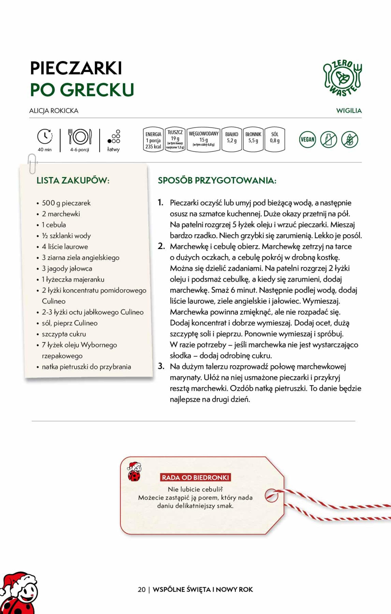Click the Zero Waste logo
click(343, 78)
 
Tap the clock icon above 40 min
click(45, 136)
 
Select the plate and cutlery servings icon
click(80, 137)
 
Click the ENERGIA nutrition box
click(153, 140)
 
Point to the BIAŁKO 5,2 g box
click(232, 140)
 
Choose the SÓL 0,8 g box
click(275, 140)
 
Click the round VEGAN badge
click(307, 139)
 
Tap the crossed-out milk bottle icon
click(329, 139)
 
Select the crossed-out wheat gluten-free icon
click(350, 139)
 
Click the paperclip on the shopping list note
click(32, 163)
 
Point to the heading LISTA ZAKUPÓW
click(73, 180)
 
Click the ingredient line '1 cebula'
click(54, 225)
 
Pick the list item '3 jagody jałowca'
click(67, 269)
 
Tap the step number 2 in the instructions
click(161, 246)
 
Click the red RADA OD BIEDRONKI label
click(196, 477)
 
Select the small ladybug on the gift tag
click(134, 472)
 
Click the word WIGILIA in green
click(349, 111)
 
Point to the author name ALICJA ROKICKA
click(54, 111)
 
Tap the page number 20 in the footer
click(142, 589)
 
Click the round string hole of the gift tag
click(271, 496)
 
